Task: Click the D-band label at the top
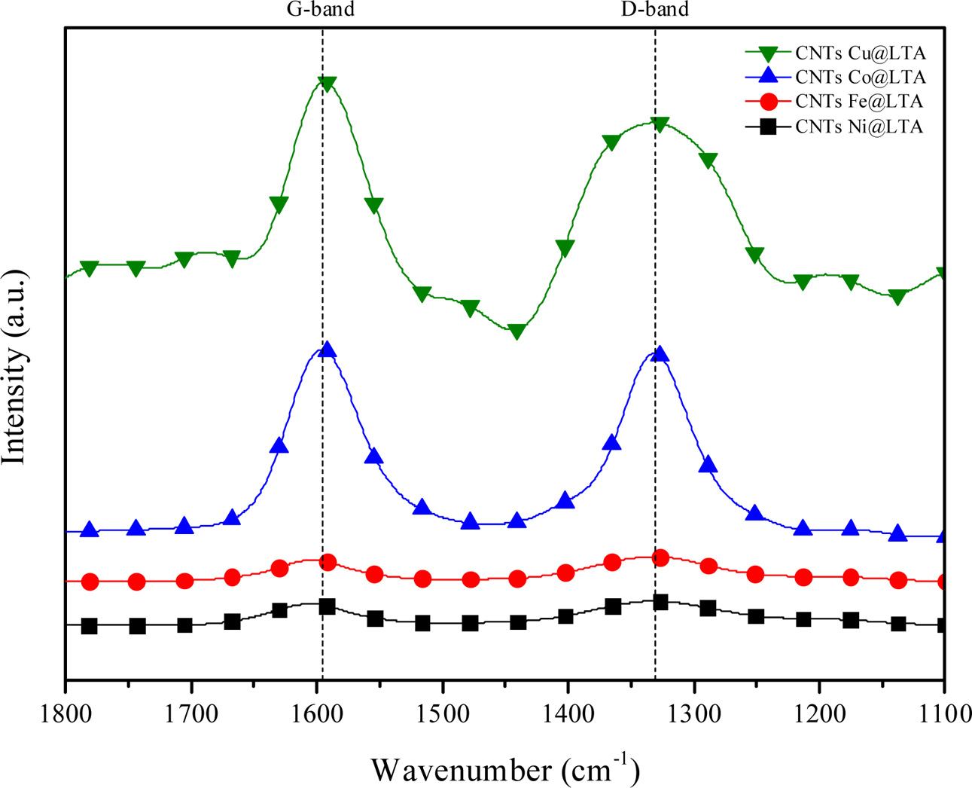[x=654, y=10]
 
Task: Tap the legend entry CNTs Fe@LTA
[x=858, y=101]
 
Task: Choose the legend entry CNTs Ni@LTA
[x=858, y=127]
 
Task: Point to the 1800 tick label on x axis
[x=66, y=713]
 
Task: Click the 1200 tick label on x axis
[x=819, y=713]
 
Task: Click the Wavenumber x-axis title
[x=504, y=769]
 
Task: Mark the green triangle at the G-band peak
[x=327, y=84]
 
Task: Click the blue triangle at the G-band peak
[x=327, y=350]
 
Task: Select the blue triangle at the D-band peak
[x=660, y=354]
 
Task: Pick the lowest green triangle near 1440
[x=516, y=331]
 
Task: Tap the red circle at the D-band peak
[x=660, y=558]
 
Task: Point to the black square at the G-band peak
[x=327, y=606]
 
